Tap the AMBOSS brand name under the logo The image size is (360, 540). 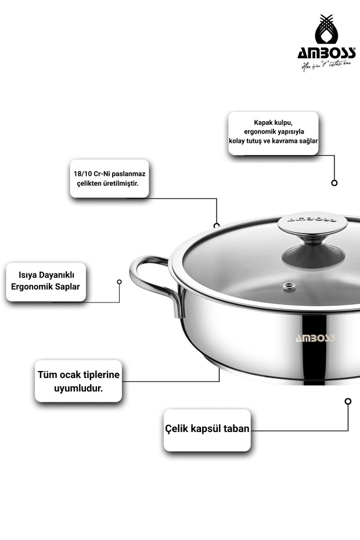tap(326, 53)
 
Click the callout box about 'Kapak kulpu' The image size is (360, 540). tap(273, 133)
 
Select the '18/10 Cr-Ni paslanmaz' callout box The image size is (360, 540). tap(109, 178)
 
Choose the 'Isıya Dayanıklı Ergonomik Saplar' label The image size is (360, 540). tap(46, 282)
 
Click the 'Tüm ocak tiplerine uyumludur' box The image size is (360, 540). tap(78, 381)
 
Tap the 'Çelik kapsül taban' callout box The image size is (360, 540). tap(207, 430)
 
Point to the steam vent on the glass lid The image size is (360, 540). tap(287, 286)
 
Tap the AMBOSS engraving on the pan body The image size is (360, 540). tap(315, 339)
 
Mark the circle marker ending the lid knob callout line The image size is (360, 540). tap(334, 183)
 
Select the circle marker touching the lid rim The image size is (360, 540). tap(217, 225)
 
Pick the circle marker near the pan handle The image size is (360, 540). tap(119, 282)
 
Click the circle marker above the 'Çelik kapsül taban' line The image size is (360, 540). tap(348, 401)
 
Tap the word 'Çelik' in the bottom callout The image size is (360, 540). tap(179, 430)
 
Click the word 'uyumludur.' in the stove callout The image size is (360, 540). tap(78, 388)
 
